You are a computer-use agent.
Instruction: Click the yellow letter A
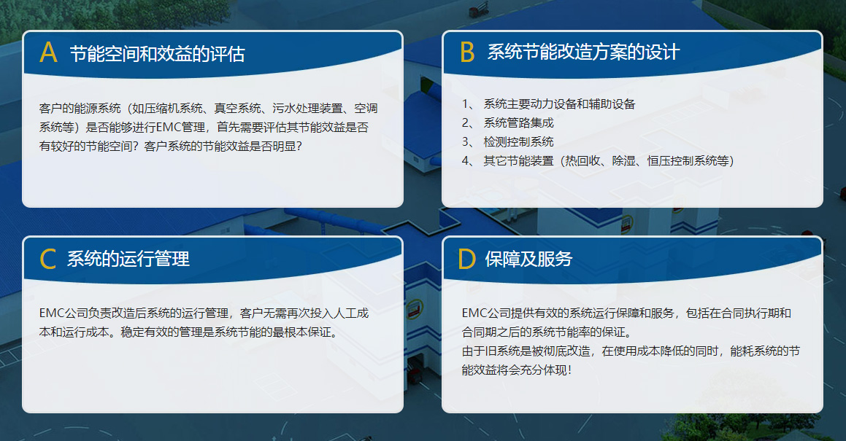[49, 52]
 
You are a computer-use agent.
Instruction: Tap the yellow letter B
[467, 52]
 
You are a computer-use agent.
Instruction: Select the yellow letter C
[47, 259]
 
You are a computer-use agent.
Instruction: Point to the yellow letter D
[466, 259]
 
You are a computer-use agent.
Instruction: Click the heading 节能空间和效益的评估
[157, 54]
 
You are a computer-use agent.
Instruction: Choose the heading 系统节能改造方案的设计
[583, 52]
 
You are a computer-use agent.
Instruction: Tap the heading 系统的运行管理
[128, 259]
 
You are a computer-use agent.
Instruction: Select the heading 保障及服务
[528, 259]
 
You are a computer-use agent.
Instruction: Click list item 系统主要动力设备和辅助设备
[560, 104]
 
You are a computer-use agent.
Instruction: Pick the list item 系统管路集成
[518, 123]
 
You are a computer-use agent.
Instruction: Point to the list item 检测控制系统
[518, 142]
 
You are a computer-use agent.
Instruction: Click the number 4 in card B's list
[465, 160]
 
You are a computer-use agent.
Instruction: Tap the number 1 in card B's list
[465, 104]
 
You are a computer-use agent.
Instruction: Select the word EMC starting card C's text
[51, 313]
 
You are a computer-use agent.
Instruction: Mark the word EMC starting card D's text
[474, 313]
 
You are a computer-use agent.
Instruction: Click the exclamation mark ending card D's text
[569, 370]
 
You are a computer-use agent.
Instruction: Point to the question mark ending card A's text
[299, 146]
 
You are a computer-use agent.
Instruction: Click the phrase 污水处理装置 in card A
[307, 109]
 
